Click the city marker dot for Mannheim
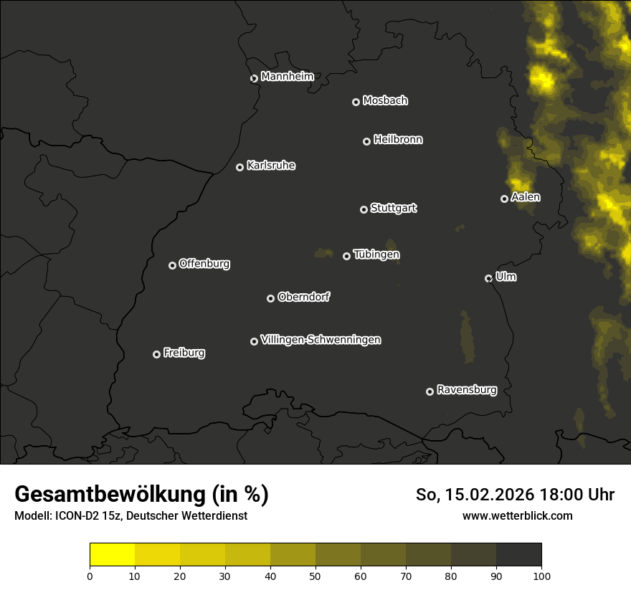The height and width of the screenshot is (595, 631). click(x=254, y=79)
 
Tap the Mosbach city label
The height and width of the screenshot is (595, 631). click(x=385, y=100)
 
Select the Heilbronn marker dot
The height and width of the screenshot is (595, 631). click(x=366, y=141)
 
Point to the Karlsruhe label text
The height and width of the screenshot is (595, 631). click(x=271, y=166)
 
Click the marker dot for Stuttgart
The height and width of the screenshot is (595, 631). click(x=364, y=209)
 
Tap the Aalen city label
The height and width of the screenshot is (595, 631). click(x=526, y=196)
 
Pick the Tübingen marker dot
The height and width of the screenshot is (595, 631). click(x=346, y=256)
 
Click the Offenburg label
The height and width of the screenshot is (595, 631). click(x=204, y=263)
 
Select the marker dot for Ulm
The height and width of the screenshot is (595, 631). click(x=488, y=278)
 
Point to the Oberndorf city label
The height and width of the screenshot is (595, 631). click(x=303, y=297)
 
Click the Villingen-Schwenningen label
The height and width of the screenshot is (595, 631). click(x=321, y=339)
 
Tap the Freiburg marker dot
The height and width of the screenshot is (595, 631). click(x=156, y=354)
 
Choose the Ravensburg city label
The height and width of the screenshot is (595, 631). click(x=467, y=390)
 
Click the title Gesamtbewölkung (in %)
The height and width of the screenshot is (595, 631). click(x=141, y=495)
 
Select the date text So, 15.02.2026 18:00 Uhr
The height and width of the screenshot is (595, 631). click(x=515, y=495)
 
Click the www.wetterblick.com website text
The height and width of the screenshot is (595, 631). click(x=518, y=515)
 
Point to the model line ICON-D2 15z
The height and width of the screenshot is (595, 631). click(x=131, y=515)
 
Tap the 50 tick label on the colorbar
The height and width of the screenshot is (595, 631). click(x=315, y=575)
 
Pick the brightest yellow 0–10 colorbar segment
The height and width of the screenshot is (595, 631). click(x=113, y=555)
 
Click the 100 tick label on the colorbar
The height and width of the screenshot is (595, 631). click(x=541, y=575)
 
